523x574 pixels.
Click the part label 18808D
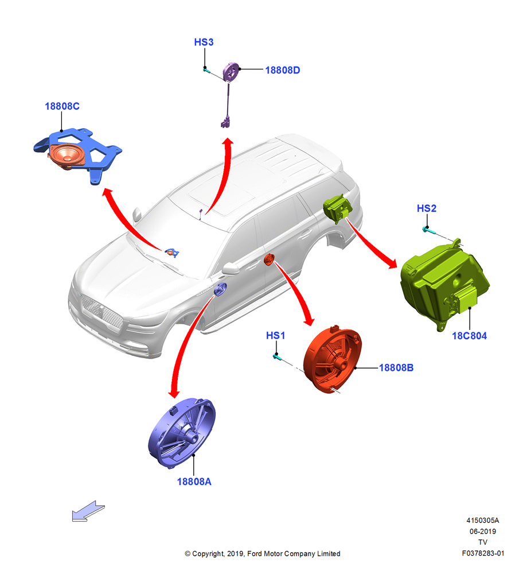tap(282, 70)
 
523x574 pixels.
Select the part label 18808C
tap(62, 106)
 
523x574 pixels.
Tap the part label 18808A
tap(194, 482)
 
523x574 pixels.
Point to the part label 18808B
tap(396, 367)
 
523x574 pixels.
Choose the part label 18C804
tap(469, 336)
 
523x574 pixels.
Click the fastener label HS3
tap(204, 42)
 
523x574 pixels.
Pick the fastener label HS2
tap(427, 208)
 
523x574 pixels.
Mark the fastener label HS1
tap(275, 335)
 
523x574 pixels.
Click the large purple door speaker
tap(182, 433)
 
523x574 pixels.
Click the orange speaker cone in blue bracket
tap(67, 156)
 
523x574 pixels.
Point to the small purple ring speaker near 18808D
tap(231, 71)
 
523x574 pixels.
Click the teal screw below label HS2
tap(428, 230)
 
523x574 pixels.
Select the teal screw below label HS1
tap(277, 356)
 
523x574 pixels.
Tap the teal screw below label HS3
tap(206, 69)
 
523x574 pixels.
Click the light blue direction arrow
tap(88, 511)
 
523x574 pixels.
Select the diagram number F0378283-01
tap(483, 553)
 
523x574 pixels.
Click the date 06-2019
tap(483, 531)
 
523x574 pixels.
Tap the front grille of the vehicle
tap(102, 312)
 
